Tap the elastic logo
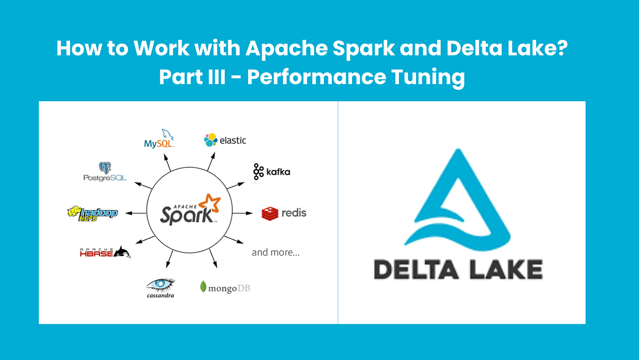click(x=225, y=140)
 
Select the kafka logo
click(x=272, y=171)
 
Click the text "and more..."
click(x=276, y=252)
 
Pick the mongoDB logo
click(x=225, y=288)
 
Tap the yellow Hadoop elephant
click(x=75, y=212)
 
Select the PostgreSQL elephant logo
click(x=104, y=169)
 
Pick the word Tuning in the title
click(x=428, y=77)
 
